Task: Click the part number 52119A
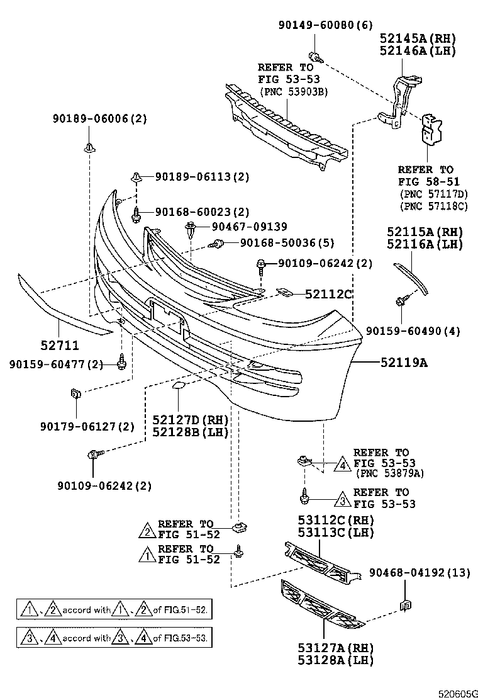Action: tap(403, 363)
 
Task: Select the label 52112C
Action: tap(328, 293)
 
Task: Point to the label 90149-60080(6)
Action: tap(325, 25)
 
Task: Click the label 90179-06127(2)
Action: tap(95, 426)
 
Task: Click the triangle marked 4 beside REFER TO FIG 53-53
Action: tap(342, 465)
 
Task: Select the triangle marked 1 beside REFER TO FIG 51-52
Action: tap(146, 555)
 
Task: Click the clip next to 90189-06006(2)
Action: tap(88, 149)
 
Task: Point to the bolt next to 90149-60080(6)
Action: tap(316, 57)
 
